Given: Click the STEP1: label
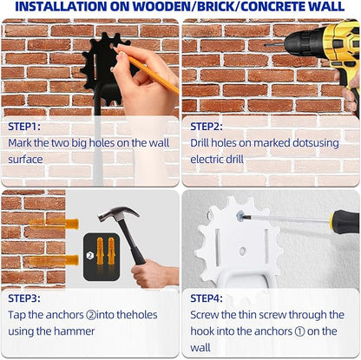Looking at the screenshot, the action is click(24, 127).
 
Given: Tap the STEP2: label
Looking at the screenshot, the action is click(207, 127).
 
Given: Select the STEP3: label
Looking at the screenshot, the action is click(24, 298).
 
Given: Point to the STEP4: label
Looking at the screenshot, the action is click(207, 298).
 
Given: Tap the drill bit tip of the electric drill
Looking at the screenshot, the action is click(265, 45).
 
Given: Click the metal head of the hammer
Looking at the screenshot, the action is click(118, 214).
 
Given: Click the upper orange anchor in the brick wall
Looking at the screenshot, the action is click(55, 224).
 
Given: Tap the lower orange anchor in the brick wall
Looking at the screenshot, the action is click(55, 260).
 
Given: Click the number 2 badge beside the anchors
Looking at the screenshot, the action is click(90, 256).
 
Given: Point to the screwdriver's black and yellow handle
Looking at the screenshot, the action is click(345, 222).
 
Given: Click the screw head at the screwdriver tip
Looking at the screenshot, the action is click(240, 216).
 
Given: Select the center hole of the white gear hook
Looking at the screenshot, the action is click(242, 251).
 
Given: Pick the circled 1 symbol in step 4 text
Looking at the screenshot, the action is click(300, 331).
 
